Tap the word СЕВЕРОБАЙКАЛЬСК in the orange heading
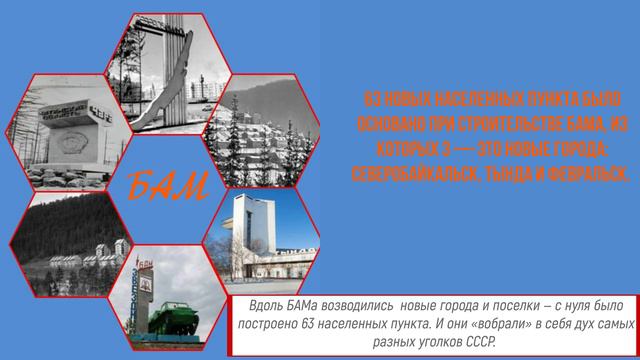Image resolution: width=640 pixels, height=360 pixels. point(411,173)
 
